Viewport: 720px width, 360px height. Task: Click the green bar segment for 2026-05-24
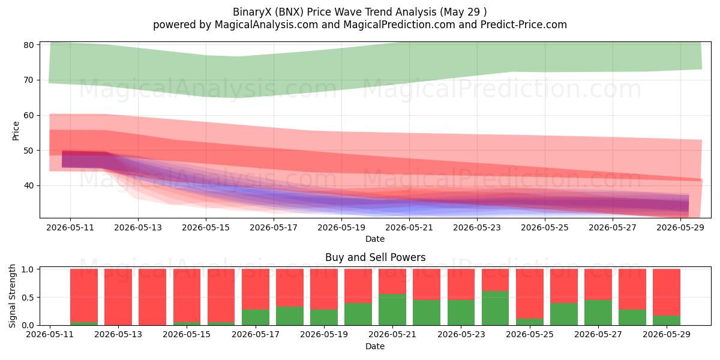coord(496,308)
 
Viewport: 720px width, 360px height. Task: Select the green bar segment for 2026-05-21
coord(392,310)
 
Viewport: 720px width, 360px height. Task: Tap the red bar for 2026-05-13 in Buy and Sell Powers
coord(118,297)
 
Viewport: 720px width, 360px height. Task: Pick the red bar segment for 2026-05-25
coord(530,293)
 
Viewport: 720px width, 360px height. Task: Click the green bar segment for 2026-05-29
coord(667,320)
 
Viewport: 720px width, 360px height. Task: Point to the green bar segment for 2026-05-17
coord(256,317)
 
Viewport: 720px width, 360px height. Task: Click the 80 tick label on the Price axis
coord(29,45)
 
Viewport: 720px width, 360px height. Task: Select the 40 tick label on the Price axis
coord(29,186)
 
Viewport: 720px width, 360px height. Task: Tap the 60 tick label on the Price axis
coord(29,115)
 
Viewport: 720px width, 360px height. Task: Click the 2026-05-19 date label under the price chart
coord(341,227)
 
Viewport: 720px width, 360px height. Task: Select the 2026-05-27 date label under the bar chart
coord(598,334)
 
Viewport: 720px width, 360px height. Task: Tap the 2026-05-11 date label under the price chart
coord(70,227)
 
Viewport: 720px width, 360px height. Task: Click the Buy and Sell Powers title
coord(376,257)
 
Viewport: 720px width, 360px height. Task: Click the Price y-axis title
coord(16,131)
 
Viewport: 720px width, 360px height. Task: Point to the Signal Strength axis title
coord(12,296)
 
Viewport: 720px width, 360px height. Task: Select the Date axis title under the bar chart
coord(375,346)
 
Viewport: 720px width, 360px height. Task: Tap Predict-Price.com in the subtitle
coord(524,25)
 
